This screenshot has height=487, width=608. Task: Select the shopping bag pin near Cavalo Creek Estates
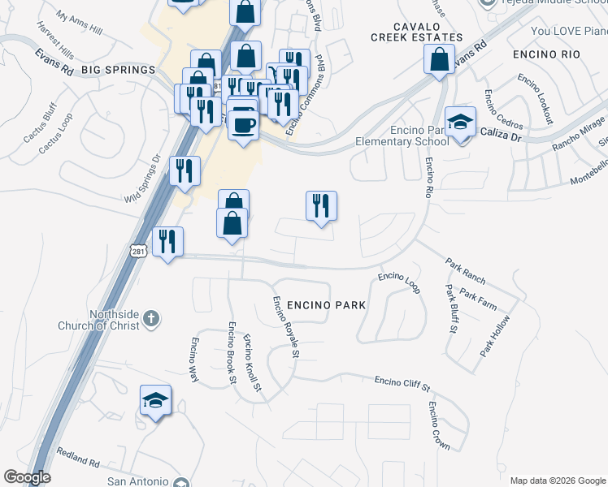click(440, 59)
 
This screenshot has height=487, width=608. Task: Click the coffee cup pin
click(243, 124)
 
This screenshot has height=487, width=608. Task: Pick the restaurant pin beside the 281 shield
click(167, 241)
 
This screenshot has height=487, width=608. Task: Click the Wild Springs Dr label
click(142, 181)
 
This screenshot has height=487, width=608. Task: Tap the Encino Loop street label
click(398, 282)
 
